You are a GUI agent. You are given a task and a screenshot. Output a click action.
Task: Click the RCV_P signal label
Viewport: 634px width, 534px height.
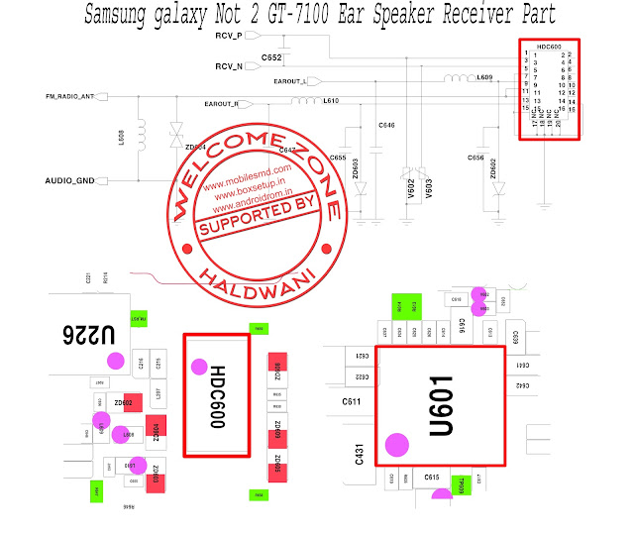tap(229, 36)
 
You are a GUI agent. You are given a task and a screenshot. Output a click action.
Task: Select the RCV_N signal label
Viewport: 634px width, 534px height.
tap(229, 66)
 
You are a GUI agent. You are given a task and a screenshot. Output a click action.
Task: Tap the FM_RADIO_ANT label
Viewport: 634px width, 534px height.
tap(69, 96)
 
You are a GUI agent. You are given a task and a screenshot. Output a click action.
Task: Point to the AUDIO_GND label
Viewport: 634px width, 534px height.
tap(70, 181)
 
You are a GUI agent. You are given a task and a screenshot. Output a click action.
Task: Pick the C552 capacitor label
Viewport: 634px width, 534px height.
tap(272, 59)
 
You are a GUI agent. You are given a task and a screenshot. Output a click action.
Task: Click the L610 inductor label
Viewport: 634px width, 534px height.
tap(331, 101)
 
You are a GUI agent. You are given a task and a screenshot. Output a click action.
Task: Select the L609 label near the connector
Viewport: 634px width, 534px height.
tap(484, 77)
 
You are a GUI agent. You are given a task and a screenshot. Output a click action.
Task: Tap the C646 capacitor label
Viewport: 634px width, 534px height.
tap(386, 125)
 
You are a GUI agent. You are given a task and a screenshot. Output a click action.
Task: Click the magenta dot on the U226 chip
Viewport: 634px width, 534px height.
tap(116, 361)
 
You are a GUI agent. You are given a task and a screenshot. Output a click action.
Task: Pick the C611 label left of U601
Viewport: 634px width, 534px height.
tap(351, 401)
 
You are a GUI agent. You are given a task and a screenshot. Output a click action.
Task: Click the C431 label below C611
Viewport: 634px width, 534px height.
tap(361, 454)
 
